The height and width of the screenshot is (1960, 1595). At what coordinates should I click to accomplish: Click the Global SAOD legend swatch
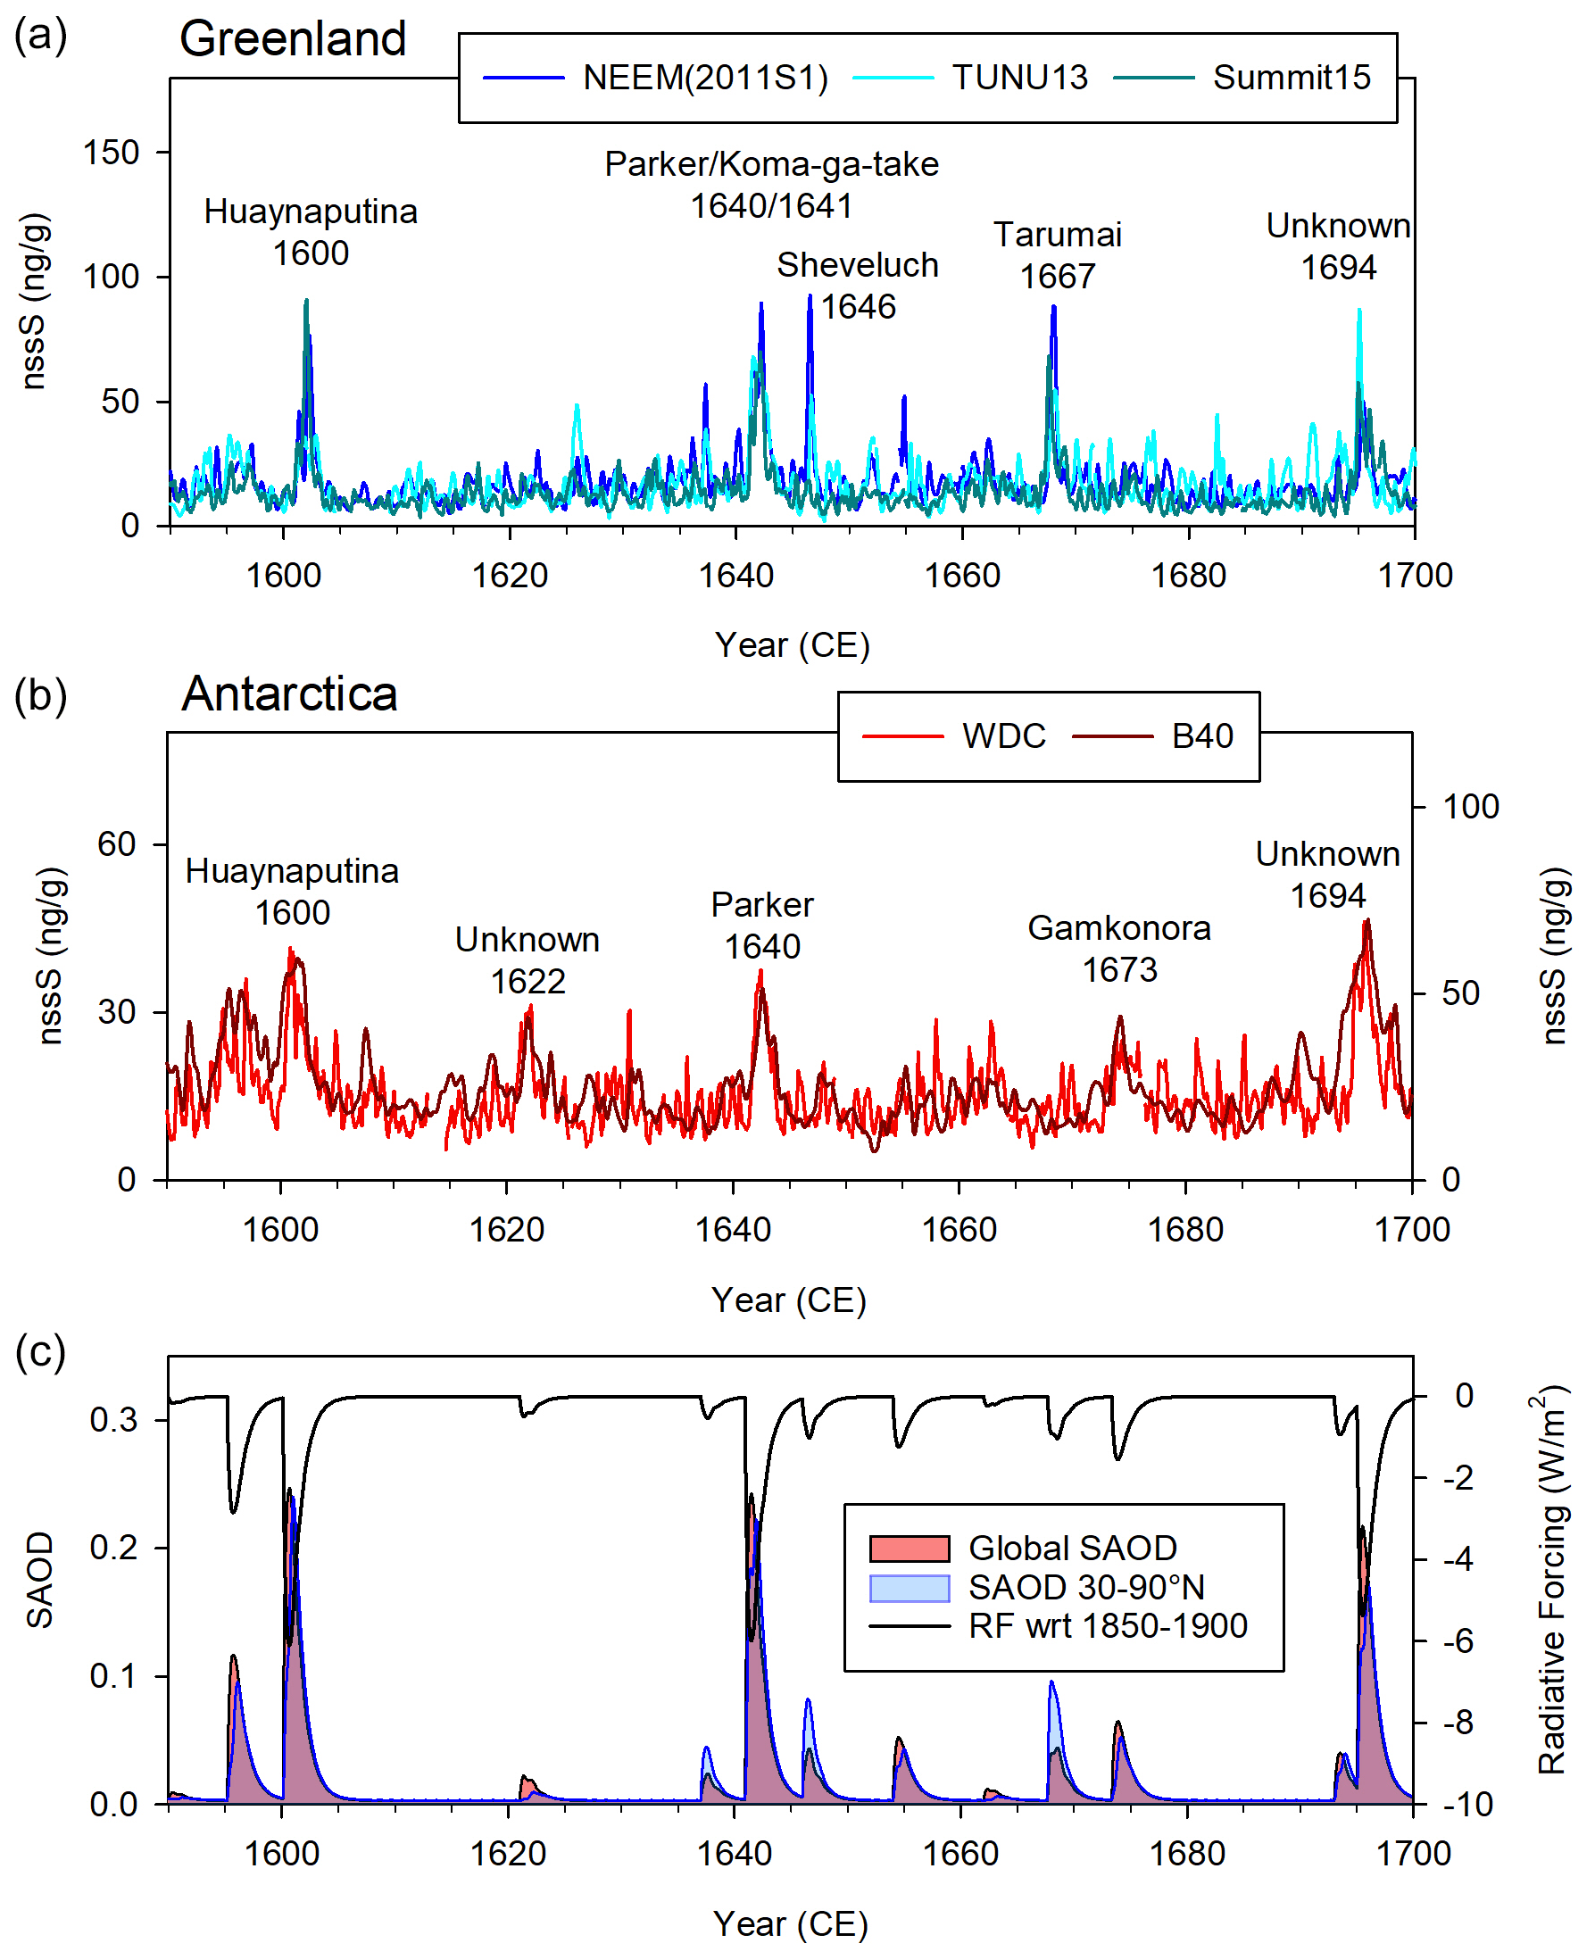click(x=909, y=1549)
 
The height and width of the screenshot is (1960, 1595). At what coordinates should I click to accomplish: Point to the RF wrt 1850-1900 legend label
click(x=1107, y=1625)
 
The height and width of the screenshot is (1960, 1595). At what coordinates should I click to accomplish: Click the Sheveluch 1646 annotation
click(x=857, y=285)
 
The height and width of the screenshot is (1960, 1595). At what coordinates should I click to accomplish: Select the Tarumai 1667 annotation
click(x=1058, y=254)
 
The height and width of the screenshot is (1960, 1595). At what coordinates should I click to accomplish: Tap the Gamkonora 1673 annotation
click(x=1119, y=948)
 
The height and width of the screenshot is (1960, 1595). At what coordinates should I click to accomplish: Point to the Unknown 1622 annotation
click(x=528, y=960)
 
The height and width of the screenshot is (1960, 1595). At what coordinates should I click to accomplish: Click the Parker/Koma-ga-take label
click(x=772, y=164)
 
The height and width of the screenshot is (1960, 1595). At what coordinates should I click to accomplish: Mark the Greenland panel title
click(x=292, y=38)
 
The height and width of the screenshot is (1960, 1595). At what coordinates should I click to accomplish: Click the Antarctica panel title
click(x=289, y=693)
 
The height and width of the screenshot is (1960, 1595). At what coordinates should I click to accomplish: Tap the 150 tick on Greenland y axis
click(x=112, y=153)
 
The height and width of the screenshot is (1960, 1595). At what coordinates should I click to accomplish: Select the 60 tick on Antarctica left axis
click(x=117, y=843)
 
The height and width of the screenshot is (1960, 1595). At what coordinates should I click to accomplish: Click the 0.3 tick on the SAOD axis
click(x=113, y=1420)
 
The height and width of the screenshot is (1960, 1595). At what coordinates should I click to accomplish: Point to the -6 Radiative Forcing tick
click(x=1458, y=1640)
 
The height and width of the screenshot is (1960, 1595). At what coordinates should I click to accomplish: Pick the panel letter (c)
click(x=40, y=1351)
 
